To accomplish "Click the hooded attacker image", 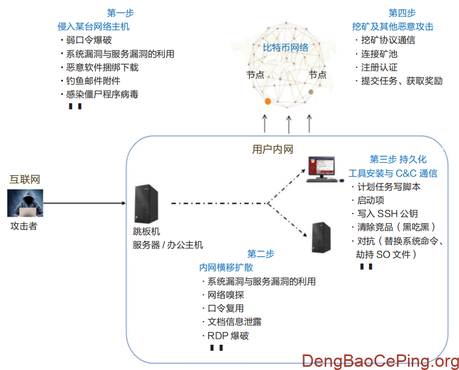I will pyautogui.click(x=24, y=203).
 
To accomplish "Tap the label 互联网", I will pyautogui.click(x=25, y=180).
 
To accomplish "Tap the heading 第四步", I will pyautogui.click(x=402, y=13).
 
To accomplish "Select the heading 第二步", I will pyautogui.click(x=261, y=254).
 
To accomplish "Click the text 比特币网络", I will pyautogui.click(x=285, y=48).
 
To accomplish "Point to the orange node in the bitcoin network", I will pyautogui.click(x=267, y=101).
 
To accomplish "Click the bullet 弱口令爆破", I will pyautogui.click(x=89, y=40).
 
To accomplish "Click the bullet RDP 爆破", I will pyautogui.click(x=228, y=336).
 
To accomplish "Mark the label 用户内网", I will pyautogui.click(x=272, y=149).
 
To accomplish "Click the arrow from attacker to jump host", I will pyautogui.click(x=86, y=203).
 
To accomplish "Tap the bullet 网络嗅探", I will pyautogui.click(x=226, y=295).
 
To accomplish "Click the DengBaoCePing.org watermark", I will pyautogui.click(x=380, y=361).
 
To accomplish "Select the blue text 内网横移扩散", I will pyautogui.click(x=226, y=267).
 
